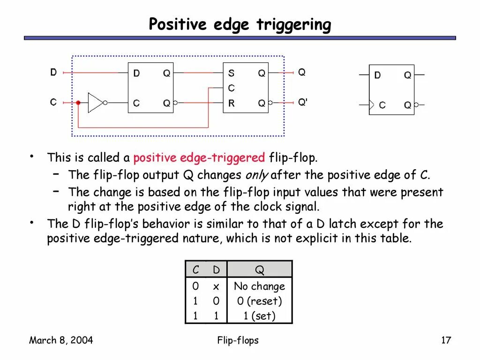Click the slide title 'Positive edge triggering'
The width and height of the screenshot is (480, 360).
pos(240,24)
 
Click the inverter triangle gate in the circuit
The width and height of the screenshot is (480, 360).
pos(95,103)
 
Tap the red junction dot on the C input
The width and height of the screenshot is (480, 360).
pos(78,103)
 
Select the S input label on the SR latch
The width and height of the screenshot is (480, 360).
pos(231,73)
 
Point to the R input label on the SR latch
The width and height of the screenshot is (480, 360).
pos(231,104)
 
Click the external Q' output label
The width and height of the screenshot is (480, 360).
pos(303,102)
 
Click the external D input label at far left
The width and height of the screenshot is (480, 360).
pos(53,73)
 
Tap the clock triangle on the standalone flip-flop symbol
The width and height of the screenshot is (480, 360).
pos(372,105)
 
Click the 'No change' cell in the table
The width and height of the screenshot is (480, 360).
pos(259,286)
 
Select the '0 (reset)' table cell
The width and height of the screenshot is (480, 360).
pos(259,301)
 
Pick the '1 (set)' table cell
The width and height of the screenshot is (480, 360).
pos(259,316)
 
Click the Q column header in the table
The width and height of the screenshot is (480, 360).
pos(259,270)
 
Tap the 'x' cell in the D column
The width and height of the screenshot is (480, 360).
pos(216,286)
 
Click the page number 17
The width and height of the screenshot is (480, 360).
pos(446,340)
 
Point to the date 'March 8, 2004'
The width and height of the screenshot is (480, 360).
pos(61,340)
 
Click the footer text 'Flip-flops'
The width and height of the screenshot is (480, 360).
pos(238,340)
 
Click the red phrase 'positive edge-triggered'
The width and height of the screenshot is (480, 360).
pos(199,158)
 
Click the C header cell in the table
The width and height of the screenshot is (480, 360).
pos(195,270)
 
